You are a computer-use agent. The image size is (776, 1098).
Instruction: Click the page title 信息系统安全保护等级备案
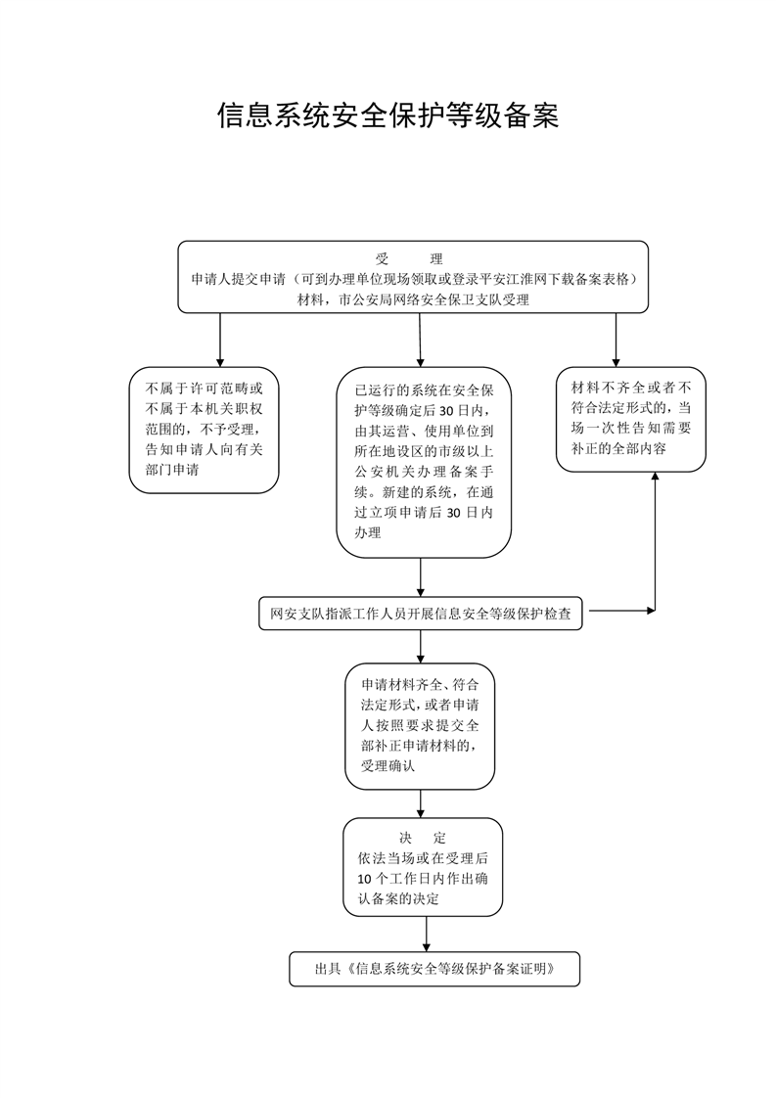point(388,115)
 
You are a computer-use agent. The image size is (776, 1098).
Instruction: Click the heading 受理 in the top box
point(409,259)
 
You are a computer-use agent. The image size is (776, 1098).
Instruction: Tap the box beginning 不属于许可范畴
point(204,430)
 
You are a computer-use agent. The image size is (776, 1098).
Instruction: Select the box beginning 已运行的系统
point(424,462)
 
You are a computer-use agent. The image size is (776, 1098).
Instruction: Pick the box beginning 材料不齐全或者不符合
point(631,420)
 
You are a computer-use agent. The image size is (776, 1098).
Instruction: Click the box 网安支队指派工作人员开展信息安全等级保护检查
point(420,615)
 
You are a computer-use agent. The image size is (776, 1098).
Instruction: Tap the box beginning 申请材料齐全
point(420,726)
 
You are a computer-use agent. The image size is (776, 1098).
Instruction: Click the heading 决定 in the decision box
point(423,838)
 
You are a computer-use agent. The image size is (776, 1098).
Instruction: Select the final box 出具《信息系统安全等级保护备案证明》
point(434,969)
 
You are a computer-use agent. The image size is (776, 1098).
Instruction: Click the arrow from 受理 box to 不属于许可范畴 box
point(220,340)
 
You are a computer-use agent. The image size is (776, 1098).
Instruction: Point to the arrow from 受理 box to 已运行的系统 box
point(420,340)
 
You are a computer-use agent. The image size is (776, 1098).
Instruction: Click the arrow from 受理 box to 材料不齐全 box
point(616,340)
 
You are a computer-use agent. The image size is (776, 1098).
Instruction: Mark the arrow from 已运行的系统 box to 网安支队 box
point(420,577)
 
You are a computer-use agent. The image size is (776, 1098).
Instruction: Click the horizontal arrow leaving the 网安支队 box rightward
point(622,611)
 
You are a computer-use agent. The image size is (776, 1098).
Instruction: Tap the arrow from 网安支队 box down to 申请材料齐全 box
point(420,646)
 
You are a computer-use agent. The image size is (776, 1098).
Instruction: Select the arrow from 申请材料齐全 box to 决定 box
point(420,803)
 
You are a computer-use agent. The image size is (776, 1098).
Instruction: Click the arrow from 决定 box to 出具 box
point(426,935)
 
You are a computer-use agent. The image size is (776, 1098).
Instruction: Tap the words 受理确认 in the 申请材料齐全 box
point(388,766)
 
